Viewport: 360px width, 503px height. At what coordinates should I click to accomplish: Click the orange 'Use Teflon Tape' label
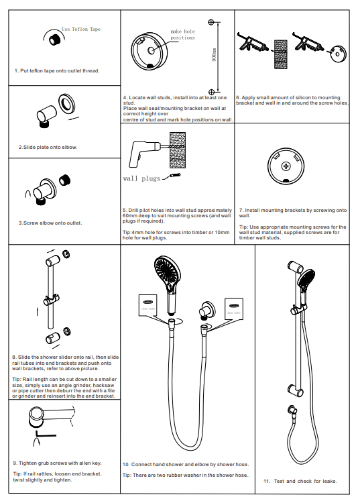point(80,30)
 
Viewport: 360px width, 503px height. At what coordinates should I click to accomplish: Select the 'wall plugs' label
point(142,178)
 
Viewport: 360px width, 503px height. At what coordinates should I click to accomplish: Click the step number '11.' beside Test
point(267,481)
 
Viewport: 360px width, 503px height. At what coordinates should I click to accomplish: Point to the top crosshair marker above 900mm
point(211,22)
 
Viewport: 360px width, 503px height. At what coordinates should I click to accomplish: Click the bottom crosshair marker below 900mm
point(211,91)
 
